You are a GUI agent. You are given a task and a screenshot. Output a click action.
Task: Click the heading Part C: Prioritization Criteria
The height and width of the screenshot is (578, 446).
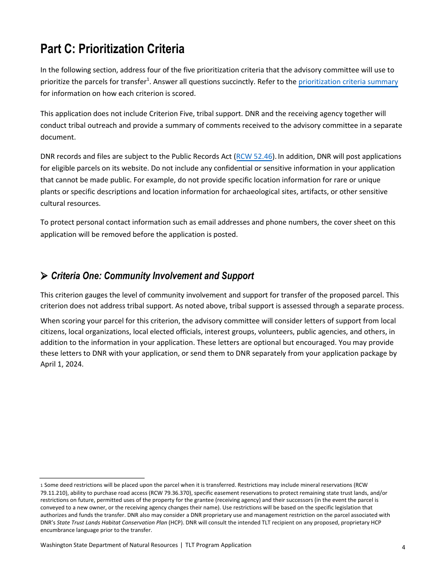pyautogui.click(x=112, y=49)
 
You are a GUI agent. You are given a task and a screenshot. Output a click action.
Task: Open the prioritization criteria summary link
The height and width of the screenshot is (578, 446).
pyautogui.click(x=348, y=82)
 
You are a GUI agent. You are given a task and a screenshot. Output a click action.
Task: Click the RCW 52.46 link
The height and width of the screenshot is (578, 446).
pyautogui.click(x=254, y=156)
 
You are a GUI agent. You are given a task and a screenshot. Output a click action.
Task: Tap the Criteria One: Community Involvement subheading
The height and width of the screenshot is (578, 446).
pyautogui.click(x=152, y=276)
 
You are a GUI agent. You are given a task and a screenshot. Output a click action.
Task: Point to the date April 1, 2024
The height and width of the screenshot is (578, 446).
pyautogui.click(x=62, y=364)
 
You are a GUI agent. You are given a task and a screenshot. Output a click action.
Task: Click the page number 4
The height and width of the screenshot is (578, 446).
pyautogui.click(x=403, y=547)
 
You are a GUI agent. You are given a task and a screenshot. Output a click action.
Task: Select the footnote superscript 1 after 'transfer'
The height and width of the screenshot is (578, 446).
pyautogui.click(x=148, y=79)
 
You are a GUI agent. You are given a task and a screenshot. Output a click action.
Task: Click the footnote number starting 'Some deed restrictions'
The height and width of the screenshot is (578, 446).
pyautogui.click(x=41, y=485)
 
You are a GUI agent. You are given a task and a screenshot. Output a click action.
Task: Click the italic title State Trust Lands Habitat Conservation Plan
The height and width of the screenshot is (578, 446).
pyautogui.click(x=112, y=523)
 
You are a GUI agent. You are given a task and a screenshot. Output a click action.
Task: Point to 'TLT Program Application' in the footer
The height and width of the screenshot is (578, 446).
pyautogui.click(x=218, y=545)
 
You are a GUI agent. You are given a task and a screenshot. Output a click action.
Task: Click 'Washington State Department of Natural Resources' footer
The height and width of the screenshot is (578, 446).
pyautogui.click(x=109, y=545)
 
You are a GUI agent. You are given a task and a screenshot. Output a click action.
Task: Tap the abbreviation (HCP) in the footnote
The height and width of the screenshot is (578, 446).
pyautogui.click(x=176, y=523)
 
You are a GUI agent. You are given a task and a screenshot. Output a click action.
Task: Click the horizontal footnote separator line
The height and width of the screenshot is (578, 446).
pyautogui.click(x=92, y=478)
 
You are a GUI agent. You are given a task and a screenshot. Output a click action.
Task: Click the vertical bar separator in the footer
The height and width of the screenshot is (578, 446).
pyautogui.click(x=182, y=545)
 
